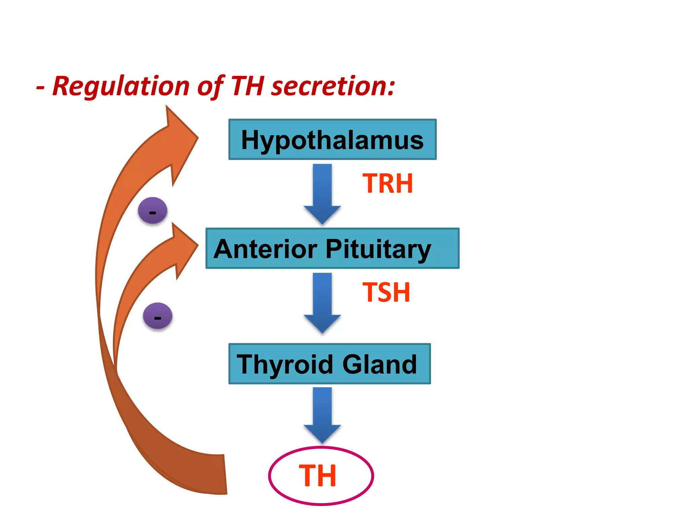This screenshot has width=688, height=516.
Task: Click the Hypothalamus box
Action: coord(332,139)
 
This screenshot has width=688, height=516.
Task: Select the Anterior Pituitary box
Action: coord(332,249)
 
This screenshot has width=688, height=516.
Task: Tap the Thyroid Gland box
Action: coord(329,364)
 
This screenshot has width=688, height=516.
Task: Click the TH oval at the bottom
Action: coord(321,476)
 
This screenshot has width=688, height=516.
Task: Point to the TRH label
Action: coord(388,184)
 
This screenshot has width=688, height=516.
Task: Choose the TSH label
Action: coord(386,292)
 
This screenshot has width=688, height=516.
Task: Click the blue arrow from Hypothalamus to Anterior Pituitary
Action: coord(322,193)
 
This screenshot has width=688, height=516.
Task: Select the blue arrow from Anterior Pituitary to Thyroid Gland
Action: coord(322,302)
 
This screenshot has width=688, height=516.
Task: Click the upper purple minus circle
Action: coord(153,211)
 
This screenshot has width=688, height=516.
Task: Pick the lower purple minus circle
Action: coord(158,316)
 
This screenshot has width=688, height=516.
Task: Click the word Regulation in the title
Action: coord(121,87)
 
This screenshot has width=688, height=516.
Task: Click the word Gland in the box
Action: coord(380,364)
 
